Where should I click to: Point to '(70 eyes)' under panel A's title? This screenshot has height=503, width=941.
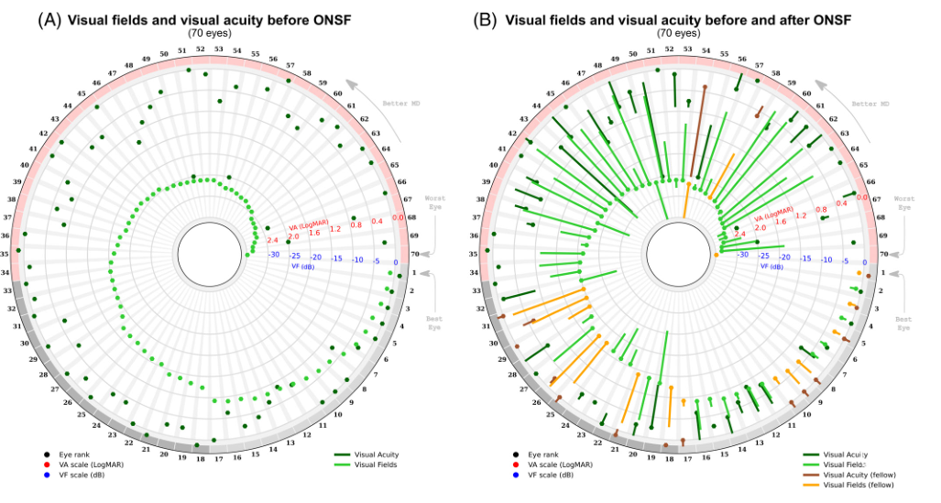point(210,33)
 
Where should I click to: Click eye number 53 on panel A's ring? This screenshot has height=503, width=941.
point(217,49)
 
